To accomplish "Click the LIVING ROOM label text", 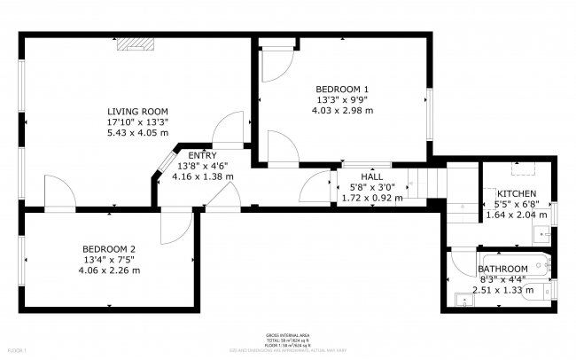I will (x=136, y=110).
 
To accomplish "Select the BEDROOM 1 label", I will (x=342, y=89).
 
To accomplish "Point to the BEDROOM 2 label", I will (x=109, y=248).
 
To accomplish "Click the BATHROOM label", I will (x=503, y=269).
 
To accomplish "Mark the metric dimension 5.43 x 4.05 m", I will (x=136, y=133).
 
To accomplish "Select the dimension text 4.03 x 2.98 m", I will (x=342, y=111).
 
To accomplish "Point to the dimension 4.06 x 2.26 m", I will (x=109, y=270).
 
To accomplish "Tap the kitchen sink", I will (x=542, y=234).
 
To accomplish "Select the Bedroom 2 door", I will (x=172, y=227).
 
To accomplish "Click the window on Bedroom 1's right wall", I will (x=429, y=107).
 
